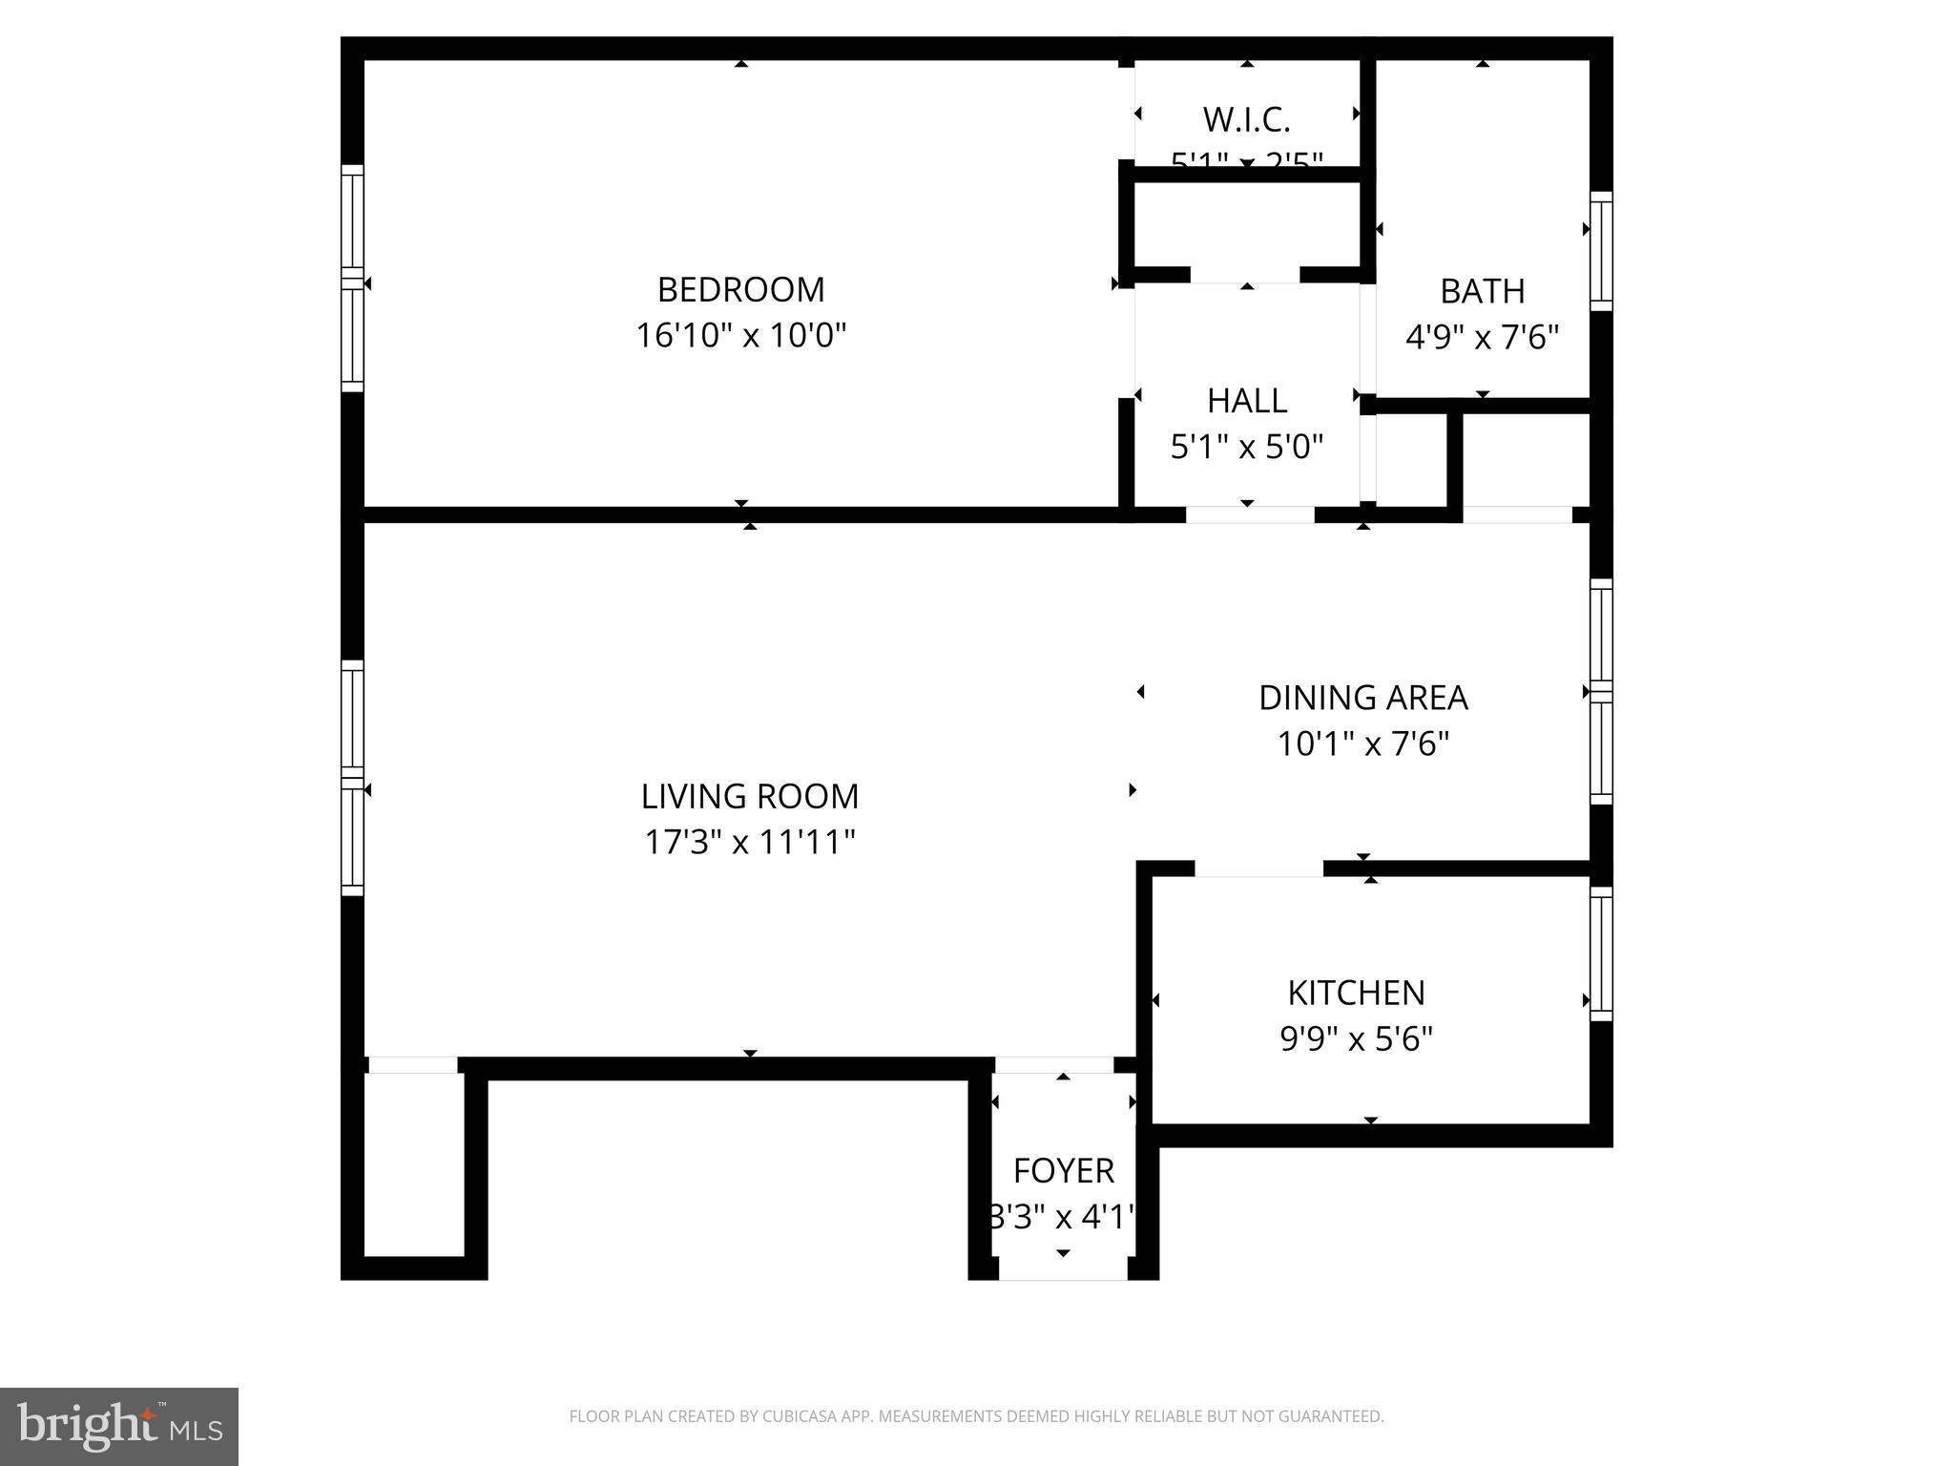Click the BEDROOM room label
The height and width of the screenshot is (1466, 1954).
pyautogui.click(x=740, y=289)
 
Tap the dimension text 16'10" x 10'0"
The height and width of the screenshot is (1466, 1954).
pyautogui.click(x=740, y=336)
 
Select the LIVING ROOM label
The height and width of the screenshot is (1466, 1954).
pyautogui.click(x=749, y=796)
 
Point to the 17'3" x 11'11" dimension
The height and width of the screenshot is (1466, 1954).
pyautogui.click(x=749, y=843)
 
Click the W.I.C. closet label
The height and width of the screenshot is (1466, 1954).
pyautogui.click(x=1246, y=120)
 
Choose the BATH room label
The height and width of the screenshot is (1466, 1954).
pyautogui.click(x=1482, y=291)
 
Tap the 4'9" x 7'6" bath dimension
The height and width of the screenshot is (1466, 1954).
pyautogui.click(x=1482, y=337)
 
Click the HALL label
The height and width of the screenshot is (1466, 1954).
pyautogui.click(x=1246, y=401)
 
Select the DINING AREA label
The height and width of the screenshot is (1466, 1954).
pyautogui.click(x=1362, y=698)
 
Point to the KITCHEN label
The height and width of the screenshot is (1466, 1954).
pyautogui.click(x=1356, y=993)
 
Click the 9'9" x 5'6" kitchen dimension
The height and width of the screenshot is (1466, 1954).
pyautogui.click(x=1356, y=1038)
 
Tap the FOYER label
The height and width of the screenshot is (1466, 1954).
pyautogui.click(x=1063, y=1170)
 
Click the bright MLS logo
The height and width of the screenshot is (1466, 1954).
pyautogui.click(x=118, y=1426)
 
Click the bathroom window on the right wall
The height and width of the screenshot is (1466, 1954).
pyautogui.click(x=1601, y=251)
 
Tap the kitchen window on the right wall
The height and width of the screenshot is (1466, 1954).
pyautogui.click(x=1601, y=953)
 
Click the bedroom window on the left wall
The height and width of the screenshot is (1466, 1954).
pyautogui.click(x=353, y=278)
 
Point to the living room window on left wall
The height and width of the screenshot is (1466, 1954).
pyautogui.click(x=353, y=778)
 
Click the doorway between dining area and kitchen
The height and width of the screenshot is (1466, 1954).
pyautogui.click(x=1258, y=869)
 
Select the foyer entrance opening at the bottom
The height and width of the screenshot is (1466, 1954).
pyautogui.click(x=1063, y=1270)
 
